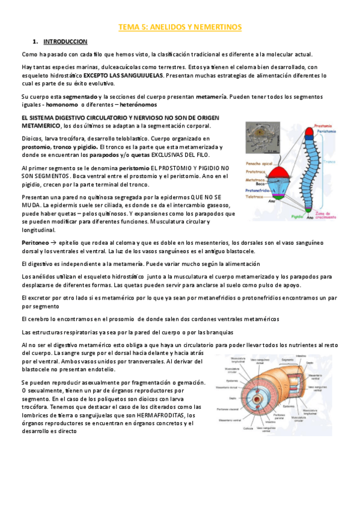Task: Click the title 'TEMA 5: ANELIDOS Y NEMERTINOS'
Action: pos(179,27)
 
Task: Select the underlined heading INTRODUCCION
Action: pos(66,41)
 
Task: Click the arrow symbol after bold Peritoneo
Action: pos(53,241)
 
